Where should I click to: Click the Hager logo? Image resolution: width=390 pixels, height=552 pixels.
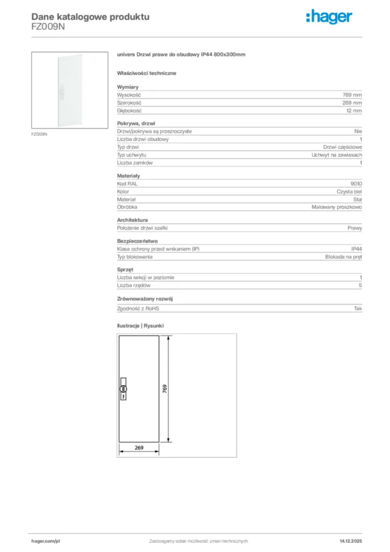tap(329, 17)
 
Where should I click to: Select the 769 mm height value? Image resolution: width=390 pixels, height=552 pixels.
tap(352, 94)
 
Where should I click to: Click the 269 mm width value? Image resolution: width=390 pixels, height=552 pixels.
tap(352, 102)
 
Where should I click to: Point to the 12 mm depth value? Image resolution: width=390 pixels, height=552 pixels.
tap(354, 111)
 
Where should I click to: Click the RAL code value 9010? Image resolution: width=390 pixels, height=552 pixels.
tap(356, 184)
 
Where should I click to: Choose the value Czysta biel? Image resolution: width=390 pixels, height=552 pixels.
tap(345, 191)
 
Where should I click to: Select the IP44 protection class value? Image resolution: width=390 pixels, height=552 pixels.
tap(356, 249)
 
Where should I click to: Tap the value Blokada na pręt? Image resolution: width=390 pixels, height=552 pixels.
tap(343, 257)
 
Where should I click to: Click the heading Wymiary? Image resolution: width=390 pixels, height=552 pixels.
tap(128, 87)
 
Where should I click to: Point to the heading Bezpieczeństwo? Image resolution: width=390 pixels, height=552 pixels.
tap(137, 241)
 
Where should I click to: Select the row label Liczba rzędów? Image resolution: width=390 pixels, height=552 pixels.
tap(134, 285)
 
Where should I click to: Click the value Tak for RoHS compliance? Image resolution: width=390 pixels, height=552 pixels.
tap(358, 308)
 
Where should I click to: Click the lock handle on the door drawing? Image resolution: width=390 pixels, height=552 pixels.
tap(123, 389)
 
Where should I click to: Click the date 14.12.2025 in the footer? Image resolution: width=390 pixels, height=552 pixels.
tap(351, 541)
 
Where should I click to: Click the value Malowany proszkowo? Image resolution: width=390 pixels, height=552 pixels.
tap(337, 207)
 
